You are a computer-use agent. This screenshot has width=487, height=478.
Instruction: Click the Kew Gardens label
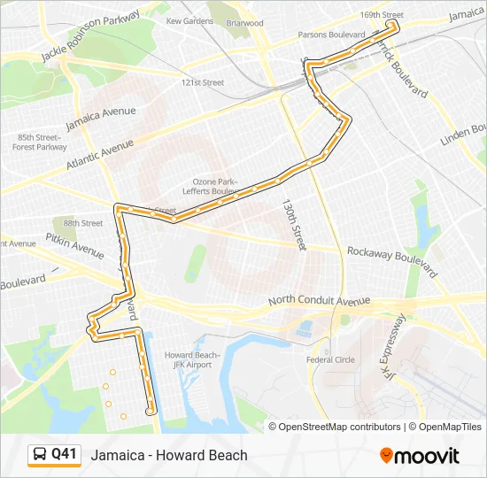pos(189,20)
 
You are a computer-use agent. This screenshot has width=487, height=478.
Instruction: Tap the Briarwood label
pos(244,23)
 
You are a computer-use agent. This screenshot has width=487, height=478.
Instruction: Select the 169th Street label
pos(382,15)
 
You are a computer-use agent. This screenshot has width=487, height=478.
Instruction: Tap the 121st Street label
pos(203,82)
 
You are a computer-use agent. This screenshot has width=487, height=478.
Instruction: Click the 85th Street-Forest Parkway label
pos(39,142)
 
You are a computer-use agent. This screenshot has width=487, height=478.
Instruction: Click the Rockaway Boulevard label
pos(392,258)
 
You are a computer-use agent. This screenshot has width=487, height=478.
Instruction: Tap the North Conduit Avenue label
pos(319,301)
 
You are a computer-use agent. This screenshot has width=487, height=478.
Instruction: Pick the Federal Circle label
pos(330,359)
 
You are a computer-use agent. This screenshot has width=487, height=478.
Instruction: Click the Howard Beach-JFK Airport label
pos(188,359)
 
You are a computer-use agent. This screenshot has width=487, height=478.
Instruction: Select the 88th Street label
pos(82,223)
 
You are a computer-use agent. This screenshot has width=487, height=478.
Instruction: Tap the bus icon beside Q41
pos(39,455)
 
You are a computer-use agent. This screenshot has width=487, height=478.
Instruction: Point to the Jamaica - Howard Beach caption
pos(169,455)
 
